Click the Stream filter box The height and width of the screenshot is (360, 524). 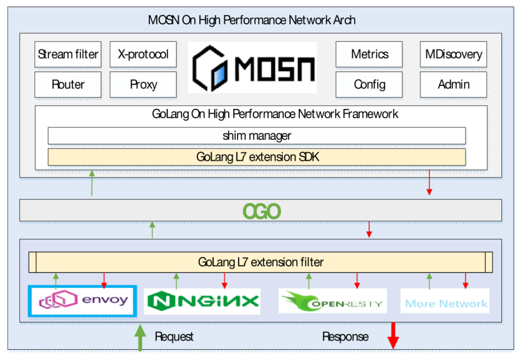(68, 54)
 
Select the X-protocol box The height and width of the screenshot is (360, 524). (143, 54)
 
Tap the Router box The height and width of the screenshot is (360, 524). (68, 84)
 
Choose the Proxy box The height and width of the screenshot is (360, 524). (143, 84)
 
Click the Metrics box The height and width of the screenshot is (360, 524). (369, 54)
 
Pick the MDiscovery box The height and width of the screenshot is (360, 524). (453, 54)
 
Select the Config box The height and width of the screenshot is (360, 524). (369, 84)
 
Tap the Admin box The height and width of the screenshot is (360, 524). (453, 84)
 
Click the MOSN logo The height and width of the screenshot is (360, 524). (252, 67)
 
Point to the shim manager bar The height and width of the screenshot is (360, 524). (256, 136)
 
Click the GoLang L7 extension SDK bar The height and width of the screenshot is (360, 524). (256, 157)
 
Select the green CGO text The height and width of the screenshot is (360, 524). (262, 211)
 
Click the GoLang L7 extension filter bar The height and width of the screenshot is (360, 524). (261, 262)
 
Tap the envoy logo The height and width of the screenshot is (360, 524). (83, 301)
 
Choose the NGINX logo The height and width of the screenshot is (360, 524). (202, 301)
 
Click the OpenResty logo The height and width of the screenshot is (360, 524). (333, 301)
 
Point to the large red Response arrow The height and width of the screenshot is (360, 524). (393, 336)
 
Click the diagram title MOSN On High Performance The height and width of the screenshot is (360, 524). (251, 20)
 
